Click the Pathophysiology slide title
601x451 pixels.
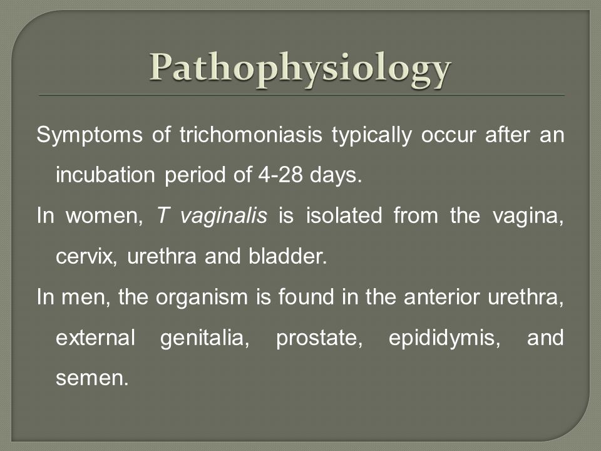coord(300,70)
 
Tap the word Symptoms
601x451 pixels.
coord(90,136)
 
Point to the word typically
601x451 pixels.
coord(372,136)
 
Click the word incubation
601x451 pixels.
coord(105,175)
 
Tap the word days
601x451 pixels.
coord(336,175)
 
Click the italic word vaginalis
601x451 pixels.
coord(223,216)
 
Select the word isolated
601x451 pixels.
coord(344,215)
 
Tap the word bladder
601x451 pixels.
coord(288,256)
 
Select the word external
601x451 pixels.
coord(95,338)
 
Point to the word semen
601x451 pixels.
coord(92,379)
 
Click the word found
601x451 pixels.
coord(306,297)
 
